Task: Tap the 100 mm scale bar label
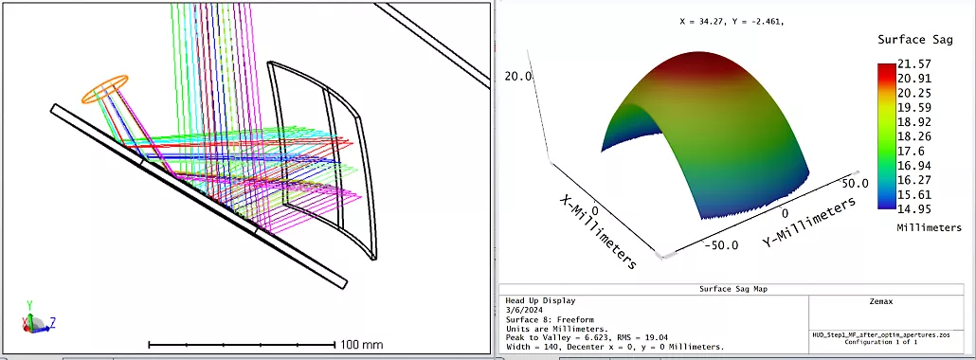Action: (362, 345)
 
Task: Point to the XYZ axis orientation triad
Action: (37, 317)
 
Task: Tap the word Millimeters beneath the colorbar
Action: (929, 227)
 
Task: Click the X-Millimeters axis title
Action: (597, 231)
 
